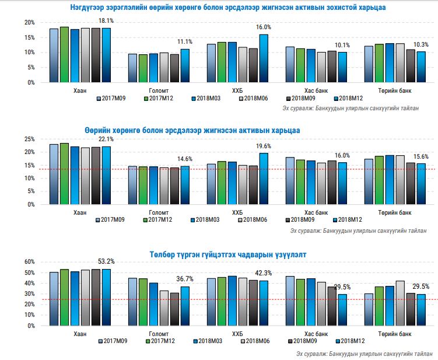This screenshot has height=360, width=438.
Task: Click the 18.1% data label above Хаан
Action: pyautogui.click(x=106, y=21)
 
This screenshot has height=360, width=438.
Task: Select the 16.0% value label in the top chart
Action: pyautogui.click(x=264, y=27)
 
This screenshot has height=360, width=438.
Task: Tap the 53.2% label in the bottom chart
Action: pyautogui.click(x=106, y=262)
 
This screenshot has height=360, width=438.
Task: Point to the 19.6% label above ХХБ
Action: pyautogui.click(x=264, y=146)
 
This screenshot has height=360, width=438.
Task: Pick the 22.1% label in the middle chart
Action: pyautogui.click(x=106, y=139)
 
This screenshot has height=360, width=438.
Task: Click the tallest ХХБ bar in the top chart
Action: pyautogui.click(x=264, y=58)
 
